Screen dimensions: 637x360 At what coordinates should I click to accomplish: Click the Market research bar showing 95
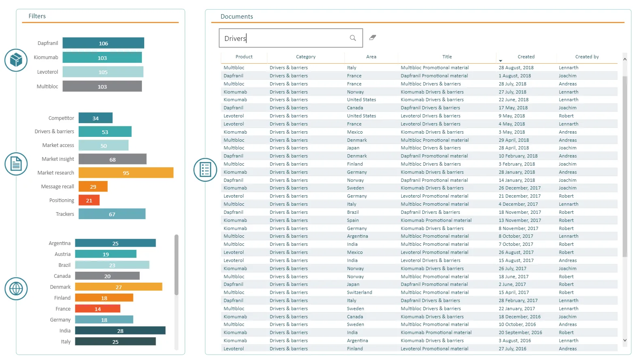tap(126, 173)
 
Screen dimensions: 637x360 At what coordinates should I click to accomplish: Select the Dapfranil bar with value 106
tap(103, 43)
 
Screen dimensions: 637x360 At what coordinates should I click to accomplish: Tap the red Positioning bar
tap(89, 200)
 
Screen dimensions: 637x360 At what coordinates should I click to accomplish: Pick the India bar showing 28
tap(120, 331)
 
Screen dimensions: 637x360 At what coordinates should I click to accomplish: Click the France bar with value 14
tap(98, 309)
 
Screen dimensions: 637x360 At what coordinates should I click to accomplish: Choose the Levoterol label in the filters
tap(47, 72)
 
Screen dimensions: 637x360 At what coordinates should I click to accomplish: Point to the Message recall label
tap(58, 186)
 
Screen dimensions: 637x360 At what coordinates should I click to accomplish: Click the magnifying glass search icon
tap(353, 38)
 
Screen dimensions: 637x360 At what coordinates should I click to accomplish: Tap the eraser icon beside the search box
tap(372, 38)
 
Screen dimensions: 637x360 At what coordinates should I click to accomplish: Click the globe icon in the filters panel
tap(16, 289)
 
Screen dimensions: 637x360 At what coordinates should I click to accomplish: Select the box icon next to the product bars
tap(16, 60)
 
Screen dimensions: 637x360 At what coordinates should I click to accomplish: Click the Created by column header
tap(587, 57)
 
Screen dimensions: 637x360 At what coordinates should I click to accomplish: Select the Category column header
tap(306, 57)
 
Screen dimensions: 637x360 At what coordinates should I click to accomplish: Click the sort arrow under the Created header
tap(500, 61)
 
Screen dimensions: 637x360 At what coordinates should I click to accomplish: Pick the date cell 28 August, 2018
tap(516, 68)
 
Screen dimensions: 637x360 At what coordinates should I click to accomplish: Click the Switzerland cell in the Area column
tap(359, 292)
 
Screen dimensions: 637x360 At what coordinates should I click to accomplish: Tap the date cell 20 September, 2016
tap(520, 332)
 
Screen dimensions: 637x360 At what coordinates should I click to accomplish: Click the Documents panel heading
tap(237, 17)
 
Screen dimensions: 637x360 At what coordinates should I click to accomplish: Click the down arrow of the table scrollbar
tap(625, 340)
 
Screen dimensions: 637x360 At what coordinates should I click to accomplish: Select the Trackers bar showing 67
tap(112, 214)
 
